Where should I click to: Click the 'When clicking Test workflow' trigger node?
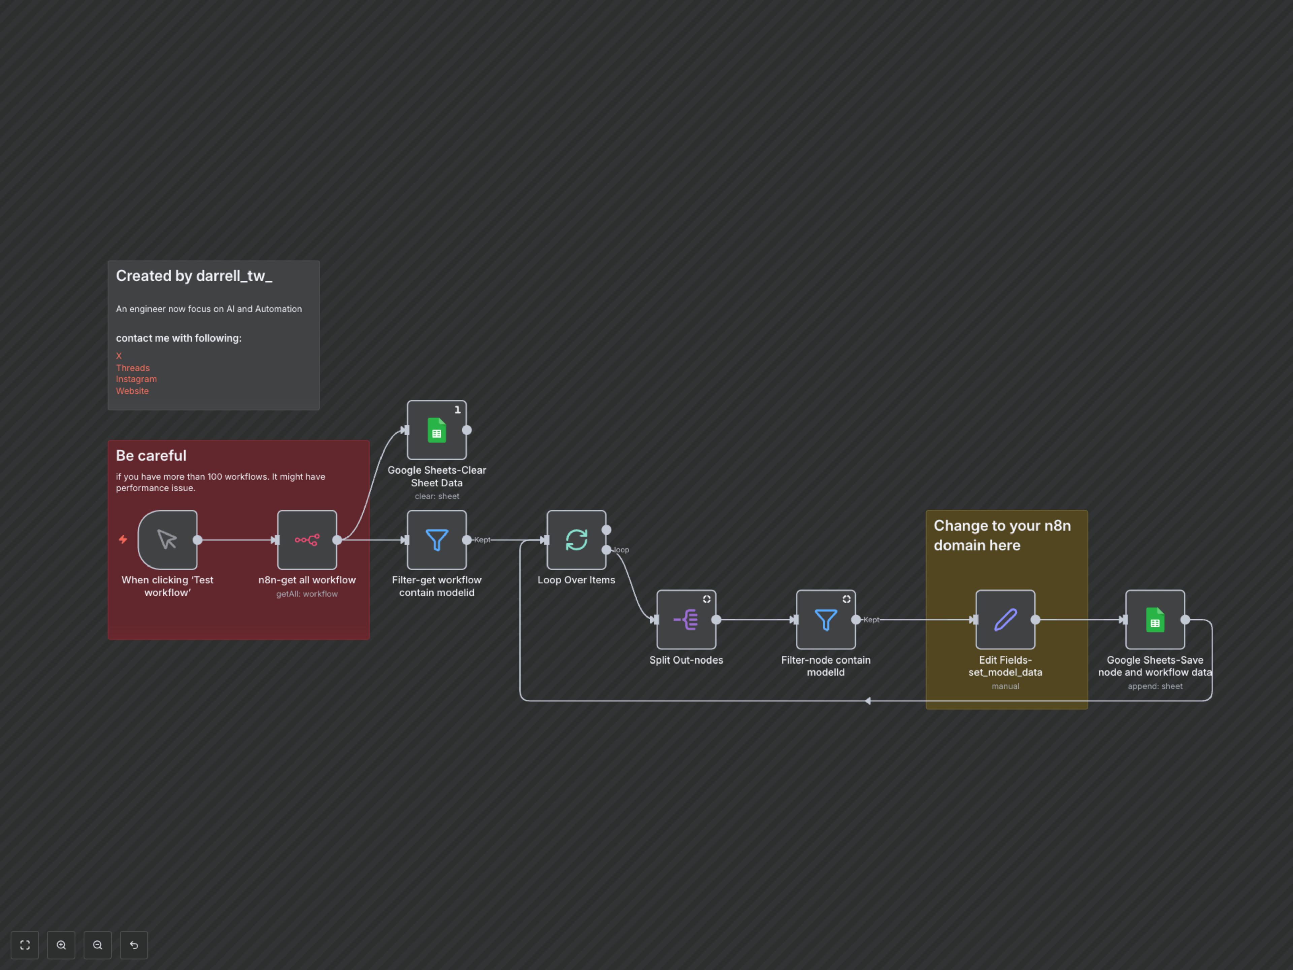point(167,540)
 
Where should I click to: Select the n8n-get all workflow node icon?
point(307,540)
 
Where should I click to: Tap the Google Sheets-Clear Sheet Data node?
point(437,430)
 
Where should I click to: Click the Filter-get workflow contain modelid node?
point(437,540)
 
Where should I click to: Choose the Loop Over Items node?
point(576,540)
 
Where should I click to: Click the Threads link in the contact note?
point(133,368)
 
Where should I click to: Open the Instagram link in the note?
point(136,379)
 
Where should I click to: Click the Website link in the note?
point(132,391)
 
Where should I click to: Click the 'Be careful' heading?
point(151,455)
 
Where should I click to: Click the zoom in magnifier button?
point(61,945)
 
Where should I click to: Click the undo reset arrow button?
point(134,945)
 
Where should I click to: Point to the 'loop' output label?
point(621,550)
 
